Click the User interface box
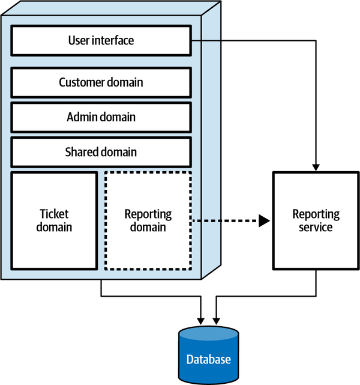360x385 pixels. [x=101, y=41]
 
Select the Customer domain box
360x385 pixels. [x=101, y=82]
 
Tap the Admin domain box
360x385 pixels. [x=101, y=117]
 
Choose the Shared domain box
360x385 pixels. [x=101, y=152]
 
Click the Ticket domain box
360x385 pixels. [x=55, y=220]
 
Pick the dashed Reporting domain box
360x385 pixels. [x=148, y=220]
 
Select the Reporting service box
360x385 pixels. [x=316, y=220]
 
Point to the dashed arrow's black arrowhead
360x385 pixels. [x=264, y=221]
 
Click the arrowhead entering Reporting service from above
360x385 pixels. [x=316, y=166]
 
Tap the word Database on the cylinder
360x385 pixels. [x=208, y=360]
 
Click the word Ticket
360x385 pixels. [x=55, y=214]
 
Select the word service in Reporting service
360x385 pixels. [x=316, y=228]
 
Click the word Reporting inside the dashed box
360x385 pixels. [x=148, y=214]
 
